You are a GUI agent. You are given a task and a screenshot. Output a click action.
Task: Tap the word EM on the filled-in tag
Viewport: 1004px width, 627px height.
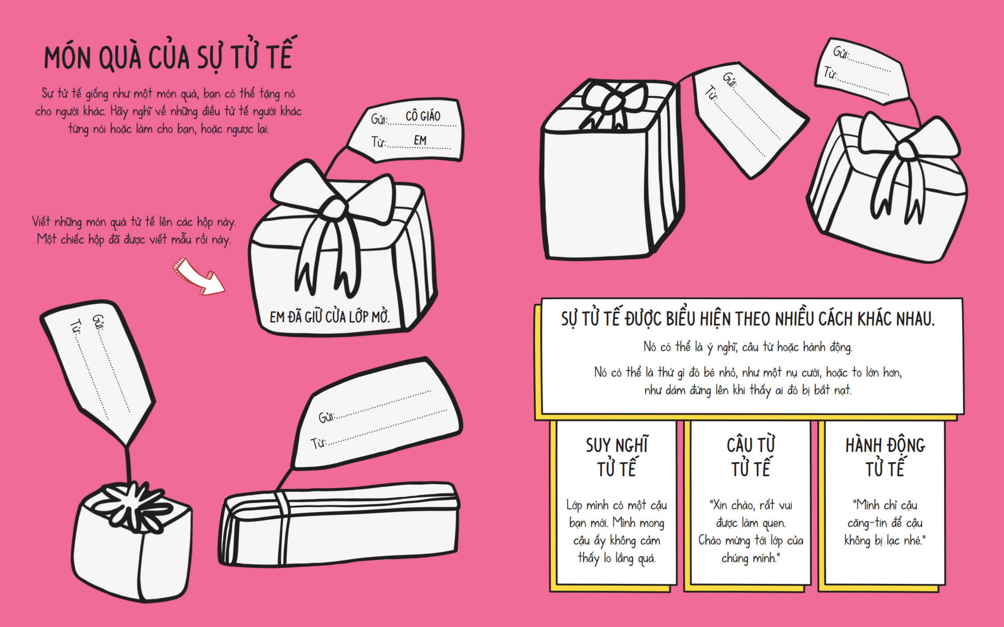(x=419, y=141)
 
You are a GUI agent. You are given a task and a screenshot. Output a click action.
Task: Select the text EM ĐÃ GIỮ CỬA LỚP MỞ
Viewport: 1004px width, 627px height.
(x=330, y=317)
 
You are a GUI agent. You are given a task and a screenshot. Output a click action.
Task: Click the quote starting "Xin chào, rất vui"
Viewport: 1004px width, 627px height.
(x=750, y=532)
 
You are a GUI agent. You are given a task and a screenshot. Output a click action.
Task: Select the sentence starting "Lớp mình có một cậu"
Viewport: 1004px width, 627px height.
(x=616, y=532)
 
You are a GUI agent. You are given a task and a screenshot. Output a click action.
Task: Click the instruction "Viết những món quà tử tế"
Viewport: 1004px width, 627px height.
(x=133, y=231)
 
